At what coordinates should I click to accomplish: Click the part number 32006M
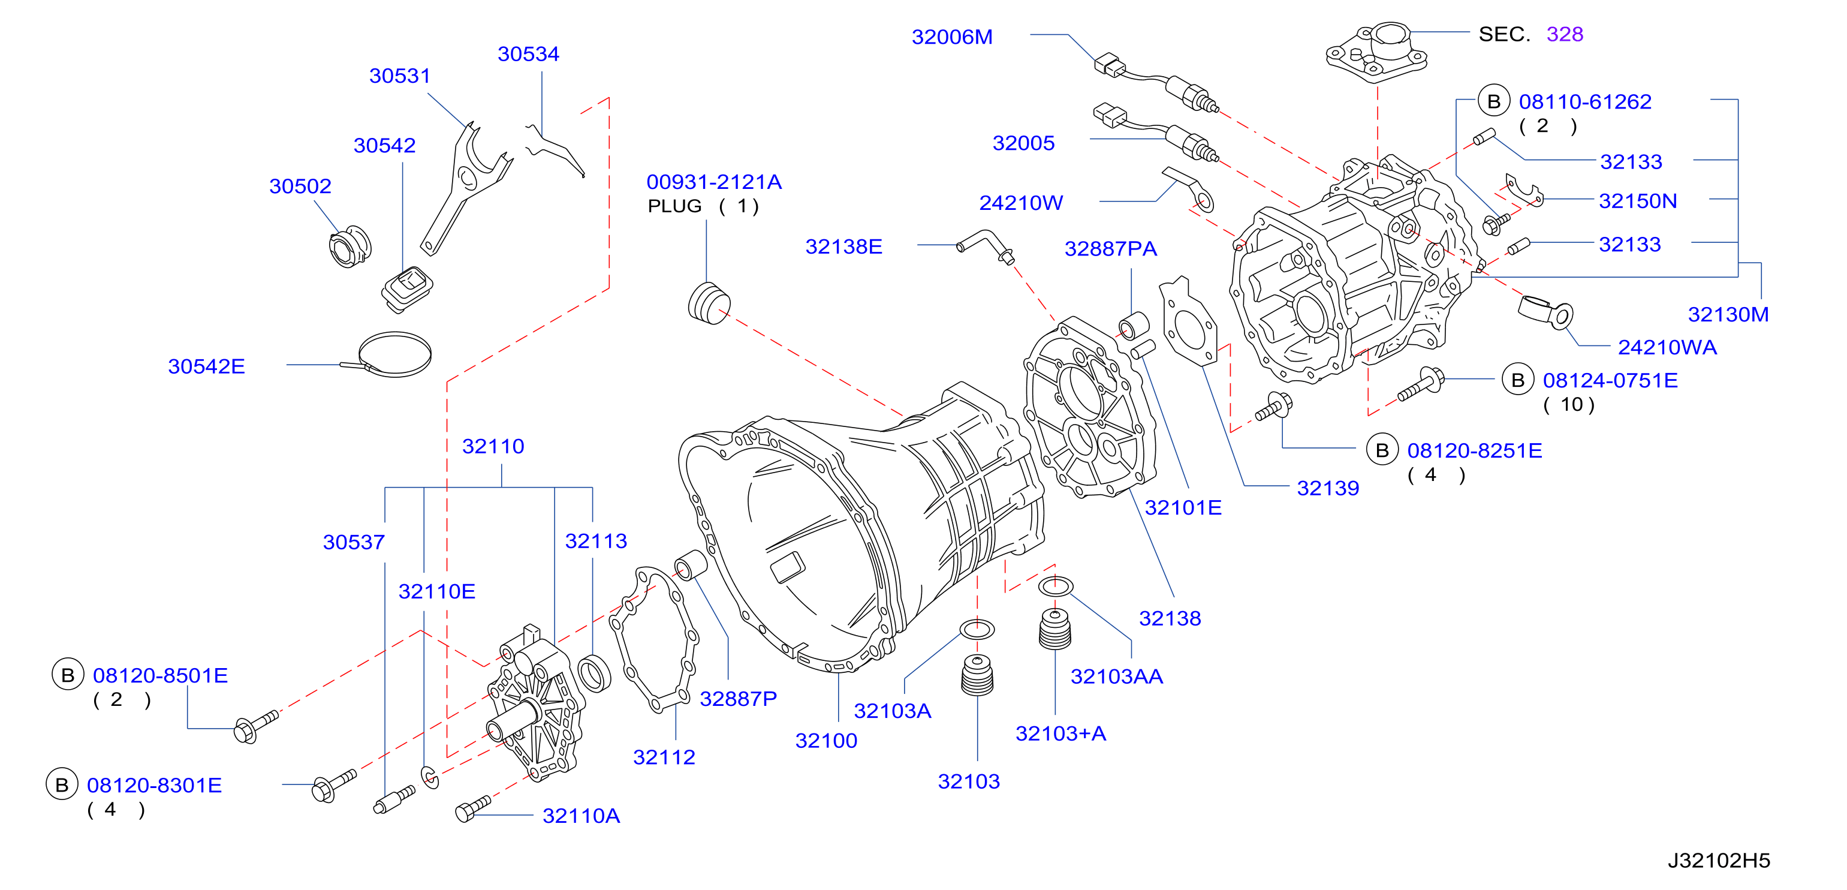point(951,37)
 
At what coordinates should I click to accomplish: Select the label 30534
point(528,54)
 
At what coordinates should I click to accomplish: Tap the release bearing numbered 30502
point(350,246)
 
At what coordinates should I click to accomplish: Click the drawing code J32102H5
point(1719,860)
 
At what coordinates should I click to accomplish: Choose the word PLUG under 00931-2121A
point(674,206)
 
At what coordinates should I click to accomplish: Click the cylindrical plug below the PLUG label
point(709,303)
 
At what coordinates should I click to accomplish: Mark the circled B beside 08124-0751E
point(1517,380)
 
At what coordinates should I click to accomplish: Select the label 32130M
point(1728,314)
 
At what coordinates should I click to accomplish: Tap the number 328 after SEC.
point(1565,34)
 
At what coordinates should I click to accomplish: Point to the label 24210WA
point(1667,347)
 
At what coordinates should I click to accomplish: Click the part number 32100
point(826,740)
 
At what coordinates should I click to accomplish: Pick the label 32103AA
point(1116,676)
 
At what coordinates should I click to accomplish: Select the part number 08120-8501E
point(160,675)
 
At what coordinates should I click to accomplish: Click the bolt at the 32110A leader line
point(472,809)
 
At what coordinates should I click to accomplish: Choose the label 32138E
point(843,246)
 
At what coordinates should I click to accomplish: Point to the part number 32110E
point(436,592)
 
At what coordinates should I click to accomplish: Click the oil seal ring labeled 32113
point(595,673)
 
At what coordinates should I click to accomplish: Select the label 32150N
point(1638,201)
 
